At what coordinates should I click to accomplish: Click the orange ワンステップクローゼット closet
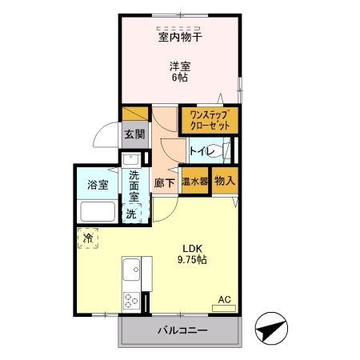pos(209,121)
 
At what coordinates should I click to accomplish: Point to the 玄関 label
pos(134,134)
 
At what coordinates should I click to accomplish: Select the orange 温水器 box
pos(195,182)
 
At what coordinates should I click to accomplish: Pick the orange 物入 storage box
pos(225,182)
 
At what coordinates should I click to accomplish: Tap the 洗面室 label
pos(134,186)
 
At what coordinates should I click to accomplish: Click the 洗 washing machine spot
pos(133,214)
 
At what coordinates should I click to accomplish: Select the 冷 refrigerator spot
pos(88,238)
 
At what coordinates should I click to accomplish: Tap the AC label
pos(225,300)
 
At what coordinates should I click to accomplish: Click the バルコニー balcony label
pos(182,330)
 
